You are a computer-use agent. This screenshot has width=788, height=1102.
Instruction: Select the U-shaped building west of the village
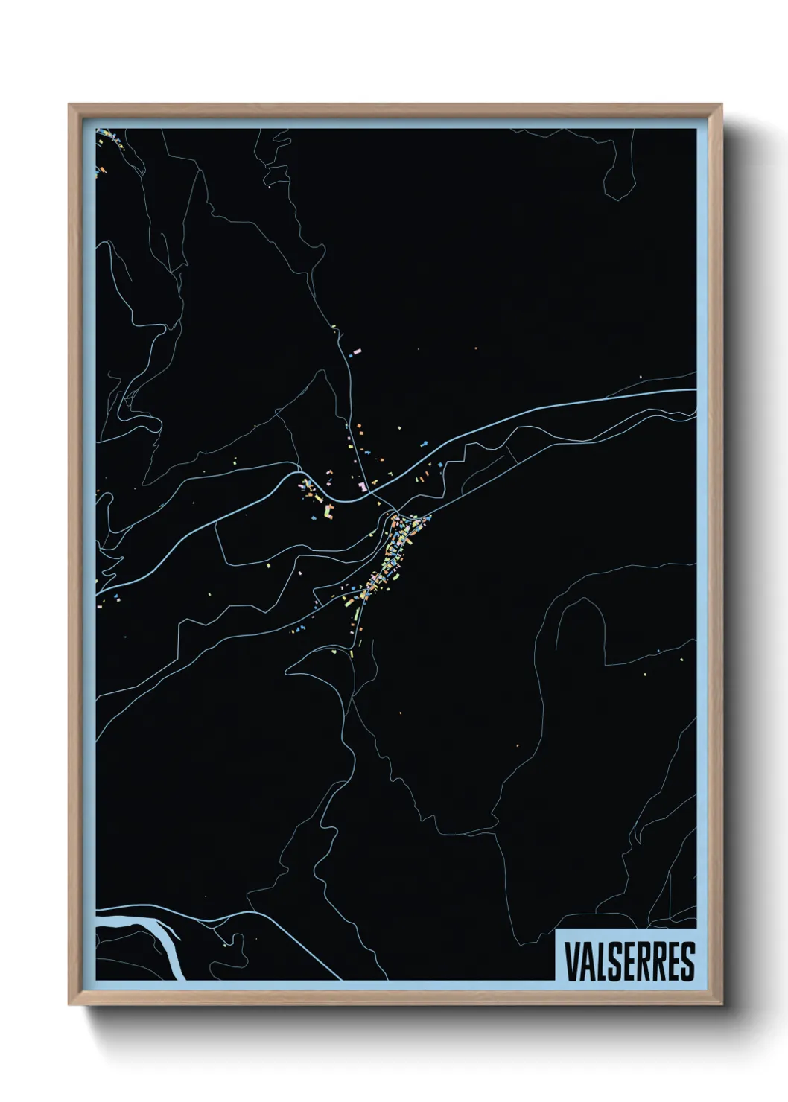coord(328,512)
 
